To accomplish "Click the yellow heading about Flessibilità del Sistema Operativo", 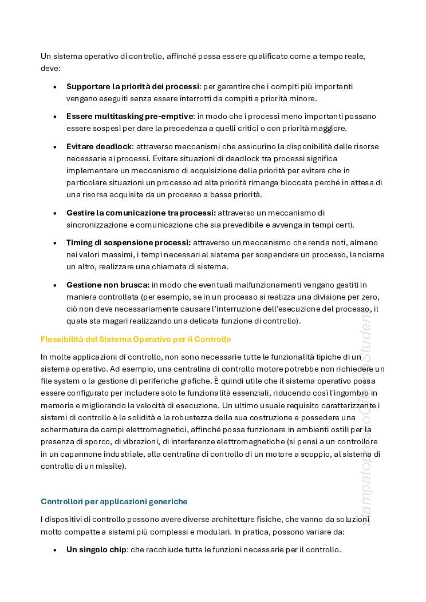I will pyautogui.click(x=136, y=339).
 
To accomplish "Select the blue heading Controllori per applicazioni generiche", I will pyautogui.click(x=114, y=501).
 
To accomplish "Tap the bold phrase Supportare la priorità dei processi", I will pyautogui.click(x=133, y=86).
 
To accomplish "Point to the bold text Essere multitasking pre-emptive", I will pyautogui.click(x=131, y=116).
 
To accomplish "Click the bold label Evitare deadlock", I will pyautogui.click(x=100, y=146).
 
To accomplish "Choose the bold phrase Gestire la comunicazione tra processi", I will pyautogui.click(x=141, y=213).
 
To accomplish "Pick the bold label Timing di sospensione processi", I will pyautogui.click(x=129, y=242).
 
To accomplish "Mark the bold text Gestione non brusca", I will pyautogui.click(x=108, y=284).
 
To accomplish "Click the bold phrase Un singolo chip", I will pyautogui.click(x=96, y=549).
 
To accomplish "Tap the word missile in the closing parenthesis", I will pyautogui.click(x=110, y=466).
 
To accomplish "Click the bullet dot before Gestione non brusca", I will pyautogui.click(x=55, y=285).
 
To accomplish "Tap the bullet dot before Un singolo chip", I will pyautogui.click(x=55, y=550).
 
